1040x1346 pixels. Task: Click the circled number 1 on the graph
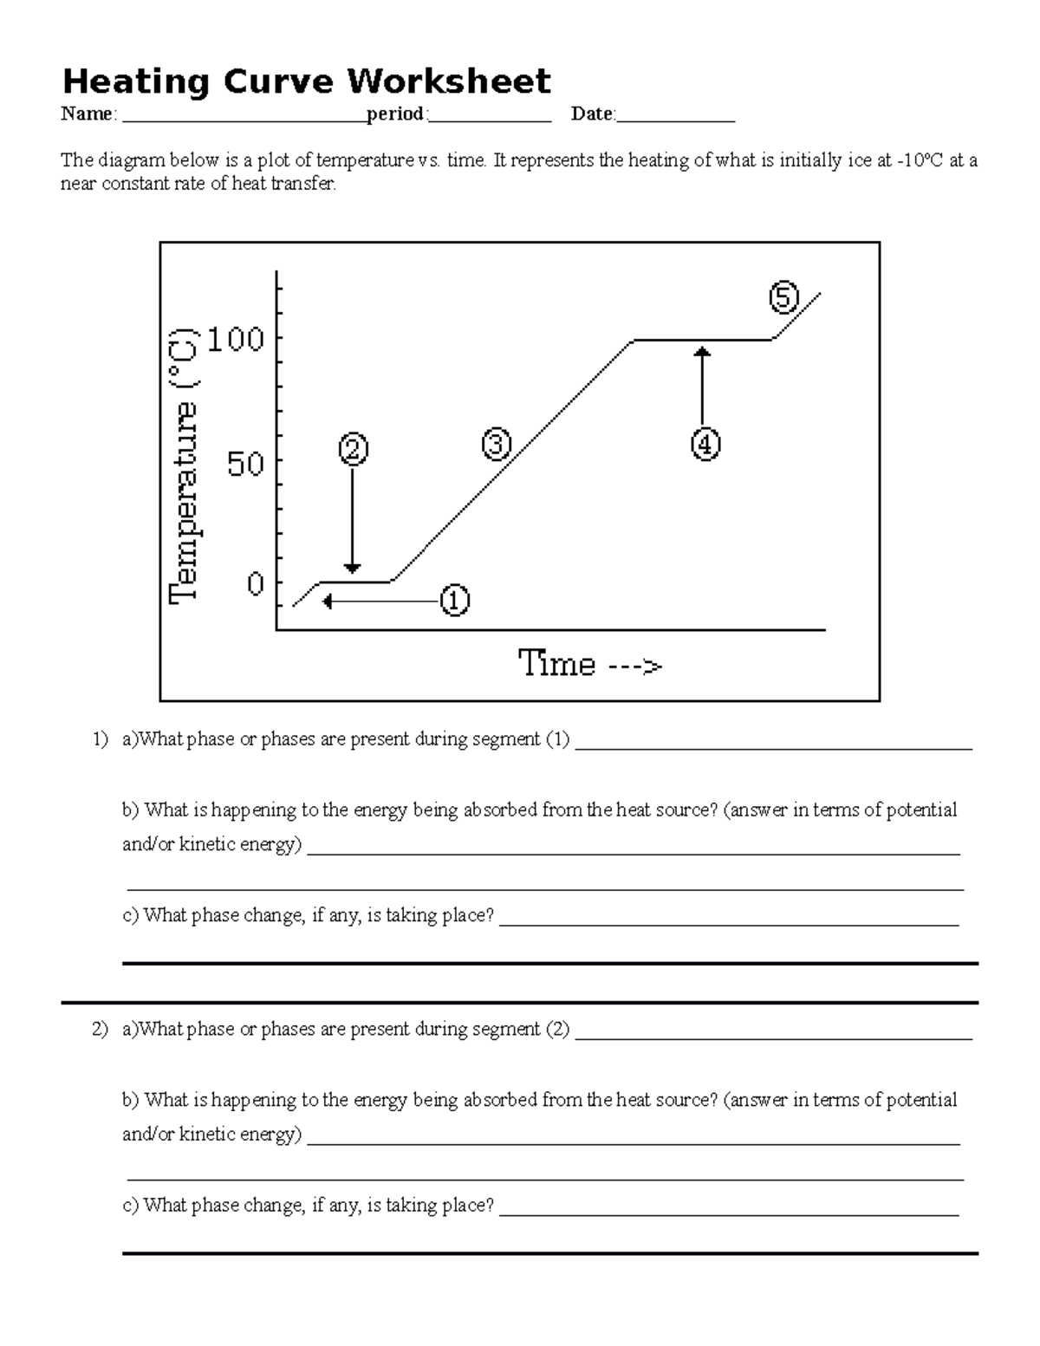[x=455, y=601]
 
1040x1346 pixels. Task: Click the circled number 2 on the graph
[x=353, y=450]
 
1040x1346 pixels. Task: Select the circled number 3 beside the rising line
[x=497, y=445]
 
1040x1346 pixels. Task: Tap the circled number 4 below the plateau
[x=705, y=445]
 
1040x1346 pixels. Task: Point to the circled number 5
[x=783, y=298]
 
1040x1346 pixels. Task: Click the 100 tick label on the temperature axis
[x=235, y=339]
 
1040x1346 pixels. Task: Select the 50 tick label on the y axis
[x=245, y=465]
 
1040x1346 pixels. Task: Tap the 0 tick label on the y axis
[x=255, y=585]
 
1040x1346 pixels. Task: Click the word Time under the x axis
[x=556, y=665]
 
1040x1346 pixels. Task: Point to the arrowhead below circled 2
[x=352, y=568]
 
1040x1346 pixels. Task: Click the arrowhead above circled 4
[x=703, y=350]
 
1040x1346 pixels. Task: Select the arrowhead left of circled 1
[x=327, y=601]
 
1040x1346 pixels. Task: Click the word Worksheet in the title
[x=448, y=81]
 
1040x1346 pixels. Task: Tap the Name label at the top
[x=86, y=114]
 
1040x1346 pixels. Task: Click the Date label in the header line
[x=591, y=114]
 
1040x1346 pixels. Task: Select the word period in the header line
[x=395, y=114]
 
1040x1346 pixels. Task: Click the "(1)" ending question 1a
[x=557, y=739]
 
